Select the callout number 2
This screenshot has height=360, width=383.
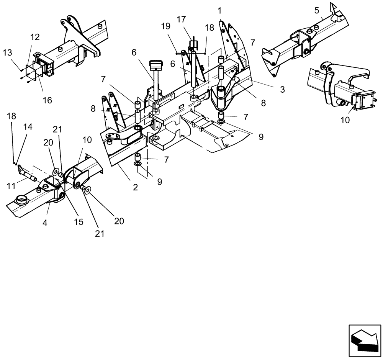click(135, 188)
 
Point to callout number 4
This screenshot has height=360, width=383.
click(45, 222)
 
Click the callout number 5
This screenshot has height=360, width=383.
click(316, 10)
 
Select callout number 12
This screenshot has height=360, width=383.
click(35, 37)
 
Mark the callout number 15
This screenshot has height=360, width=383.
click(79, 222)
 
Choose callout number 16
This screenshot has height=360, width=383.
click(47, 100)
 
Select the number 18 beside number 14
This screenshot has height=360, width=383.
click(11, 116)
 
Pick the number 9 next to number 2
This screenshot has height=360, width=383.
click(159, 182)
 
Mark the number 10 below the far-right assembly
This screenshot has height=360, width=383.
click(345, 120)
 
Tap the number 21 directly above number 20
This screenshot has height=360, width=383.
click(57, 129)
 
